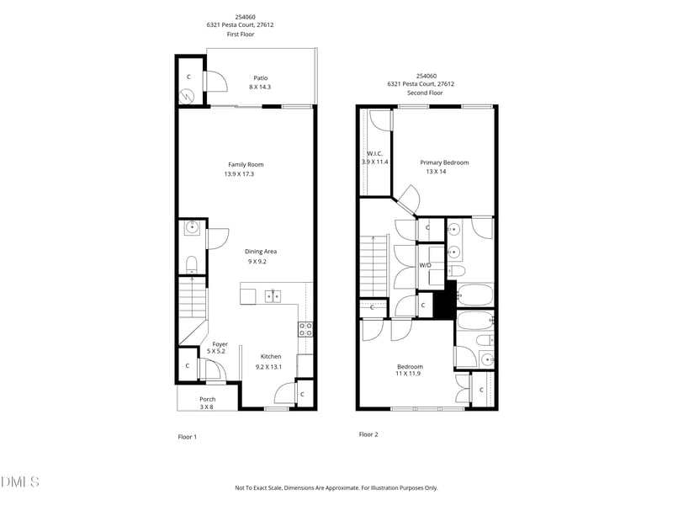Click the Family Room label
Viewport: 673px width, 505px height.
(x=246, y=164)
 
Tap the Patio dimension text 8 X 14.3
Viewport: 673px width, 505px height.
(x=260, y=88)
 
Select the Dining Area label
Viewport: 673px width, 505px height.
(x=261, y=251)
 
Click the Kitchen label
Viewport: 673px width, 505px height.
(x=271, y=357)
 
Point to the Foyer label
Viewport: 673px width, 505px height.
(x=220, y=343)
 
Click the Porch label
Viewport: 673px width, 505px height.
(x=207, y=399)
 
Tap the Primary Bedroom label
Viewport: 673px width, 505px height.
(x=444, y=162)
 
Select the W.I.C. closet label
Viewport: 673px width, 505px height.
(x=374, y=153)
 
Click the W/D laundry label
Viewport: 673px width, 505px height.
(x=426, y=265)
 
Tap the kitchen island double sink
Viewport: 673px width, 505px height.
(x=273, y=295)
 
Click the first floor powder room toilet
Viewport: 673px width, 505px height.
(x=191, y=263)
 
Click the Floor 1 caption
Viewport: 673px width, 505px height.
(x=187, y=437)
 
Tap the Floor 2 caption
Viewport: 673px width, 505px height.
(x=368, y=434)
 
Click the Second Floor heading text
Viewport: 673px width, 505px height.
(x=425, y=93)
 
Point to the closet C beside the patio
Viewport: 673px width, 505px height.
(x=188, y=77)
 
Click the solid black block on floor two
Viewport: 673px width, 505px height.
(x=444, y=300)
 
